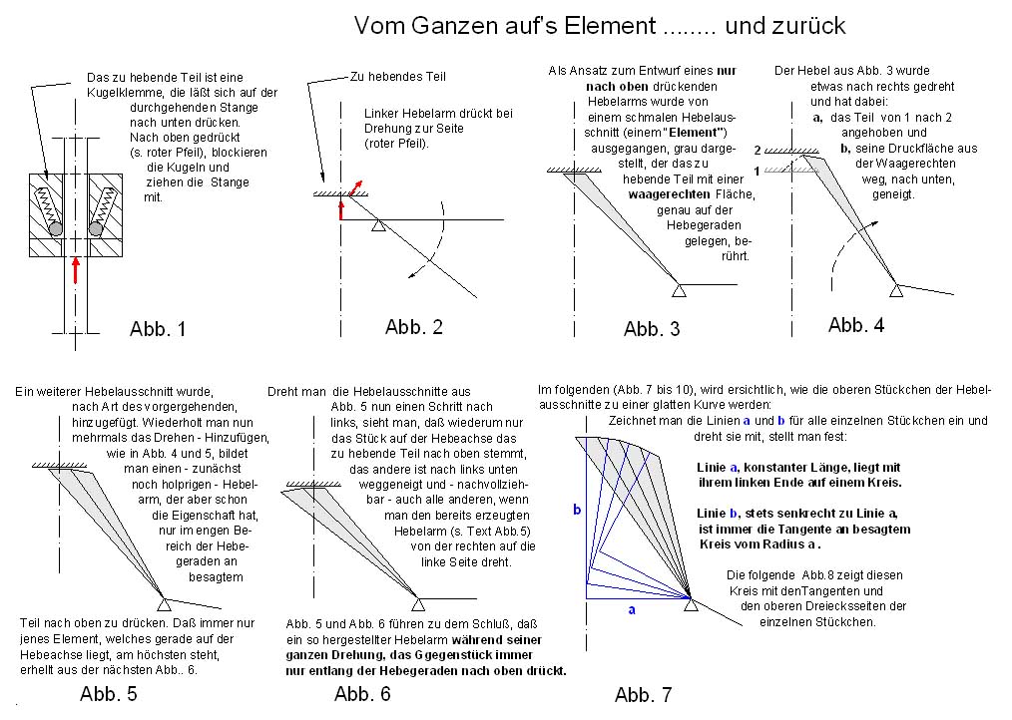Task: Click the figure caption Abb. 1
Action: (158, 329)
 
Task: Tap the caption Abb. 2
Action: (413, 327)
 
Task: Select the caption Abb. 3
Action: (652, 329)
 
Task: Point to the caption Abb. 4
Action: (855, 325)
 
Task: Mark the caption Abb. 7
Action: (644, 695)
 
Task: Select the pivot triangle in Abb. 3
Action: (679, 289)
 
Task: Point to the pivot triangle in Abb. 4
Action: (896, 289)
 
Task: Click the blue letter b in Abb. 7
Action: (576, 510)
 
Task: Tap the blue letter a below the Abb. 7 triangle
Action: (631, 609)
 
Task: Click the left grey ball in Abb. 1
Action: (57, 229)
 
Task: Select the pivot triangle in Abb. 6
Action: (418, 603)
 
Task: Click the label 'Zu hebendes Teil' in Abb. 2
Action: (398, 77)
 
